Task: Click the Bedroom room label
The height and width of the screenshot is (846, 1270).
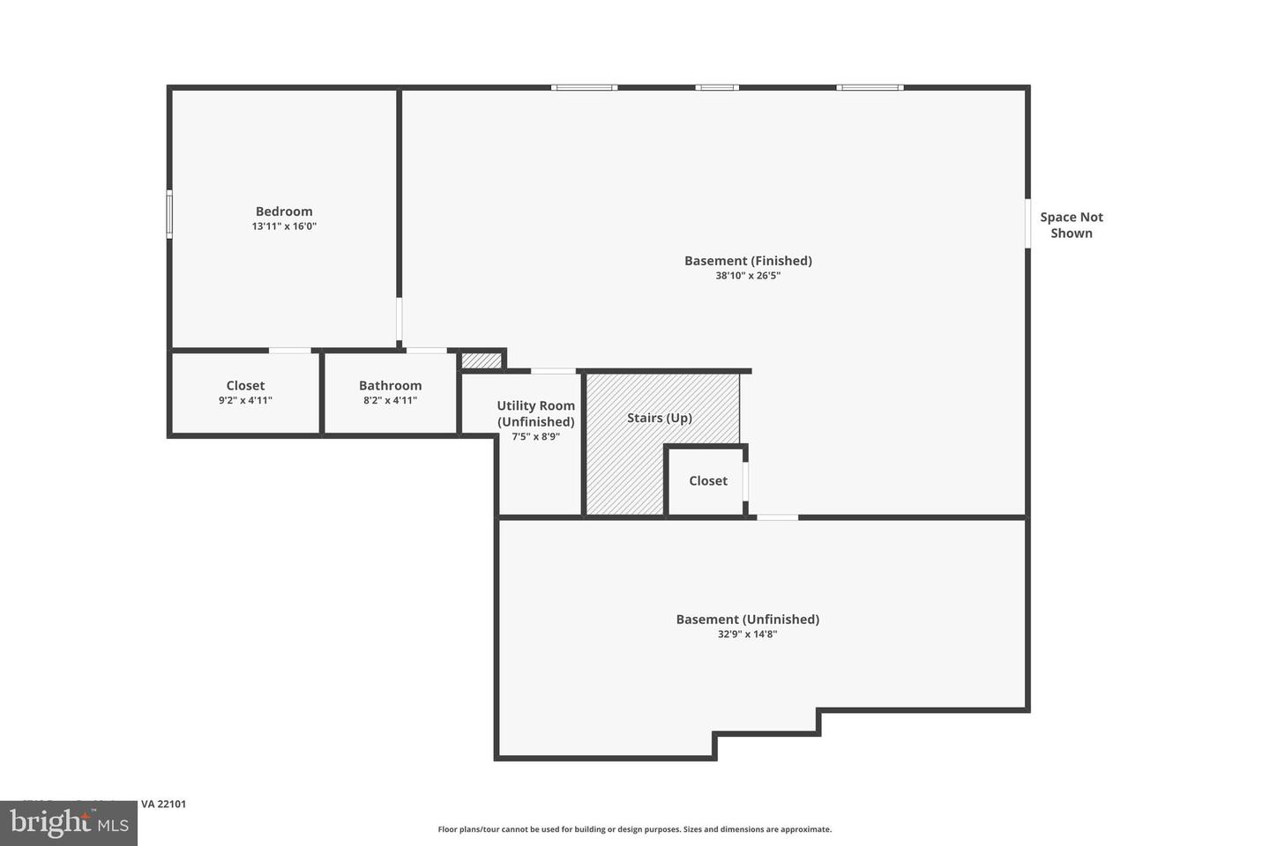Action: tap(284, 211)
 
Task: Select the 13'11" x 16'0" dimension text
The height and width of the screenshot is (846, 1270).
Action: tap(284, 226)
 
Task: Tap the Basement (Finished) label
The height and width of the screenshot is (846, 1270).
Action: tap(748, 261)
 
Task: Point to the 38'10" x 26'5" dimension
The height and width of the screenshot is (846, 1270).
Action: tap(748, 276)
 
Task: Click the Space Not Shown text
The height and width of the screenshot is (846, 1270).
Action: tap(1071, 225)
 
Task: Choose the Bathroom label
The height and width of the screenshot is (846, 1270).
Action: tap(390, 386)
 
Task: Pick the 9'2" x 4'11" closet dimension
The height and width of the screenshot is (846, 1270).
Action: tap(245, 401)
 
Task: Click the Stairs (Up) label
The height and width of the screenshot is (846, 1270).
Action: tap(659, 418)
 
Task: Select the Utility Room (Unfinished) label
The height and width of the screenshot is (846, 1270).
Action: tap(535, 413)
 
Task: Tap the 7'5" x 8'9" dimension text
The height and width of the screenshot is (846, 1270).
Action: tap(535, 436)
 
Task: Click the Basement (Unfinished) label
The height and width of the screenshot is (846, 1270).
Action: tap(747, 620)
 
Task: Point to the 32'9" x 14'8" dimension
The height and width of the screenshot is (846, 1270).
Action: tap(747, 634)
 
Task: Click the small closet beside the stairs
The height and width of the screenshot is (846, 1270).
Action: tap(707, 481)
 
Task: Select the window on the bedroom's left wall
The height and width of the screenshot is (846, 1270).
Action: tap(169, 214)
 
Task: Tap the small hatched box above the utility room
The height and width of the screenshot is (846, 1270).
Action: tap(482, 360)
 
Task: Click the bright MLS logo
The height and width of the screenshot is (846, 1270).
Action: tap(68, 823)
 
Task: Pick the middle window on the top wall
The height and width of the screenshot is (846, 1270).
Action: tap(717, 87)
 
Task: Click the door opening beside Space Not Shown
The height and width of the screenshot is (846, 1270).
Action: tap(1027, 223)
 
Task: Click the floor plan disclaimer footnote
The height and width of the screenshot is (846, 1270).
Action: tap(634, 829)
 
